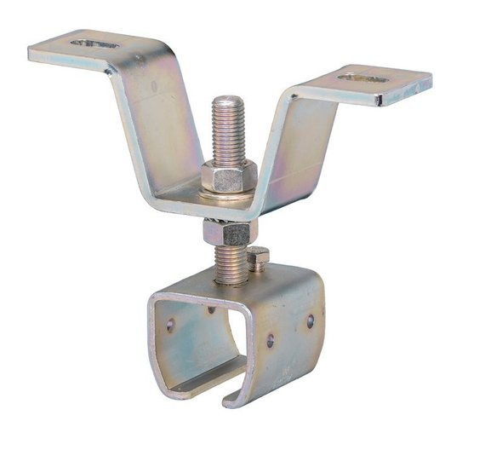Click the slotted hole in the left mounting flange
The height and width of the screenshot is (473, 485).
click(x=94, y=43)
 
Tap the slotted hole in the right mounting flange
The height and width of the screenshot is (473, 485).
click(x=363, y=78)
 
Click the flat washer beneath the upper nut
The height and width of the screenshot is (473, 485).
click(x=228, y=194)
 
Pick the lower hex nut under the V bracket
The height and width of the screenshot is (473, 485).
click(x=228, y=231)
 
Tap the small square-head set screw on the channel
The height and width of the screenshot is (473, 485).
click(x=259, y=257)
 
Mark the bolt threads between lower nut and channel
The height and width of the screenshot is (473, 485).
click(x=230, y=263)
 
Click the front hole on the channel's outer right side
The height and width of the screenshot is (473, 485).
click(x=271, y=341)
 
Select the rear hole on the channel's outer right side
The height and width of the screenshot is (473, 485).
click(x=311, y=321)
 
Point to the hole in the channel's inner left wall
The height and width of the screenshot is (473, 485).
click(x=170, y=325)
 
